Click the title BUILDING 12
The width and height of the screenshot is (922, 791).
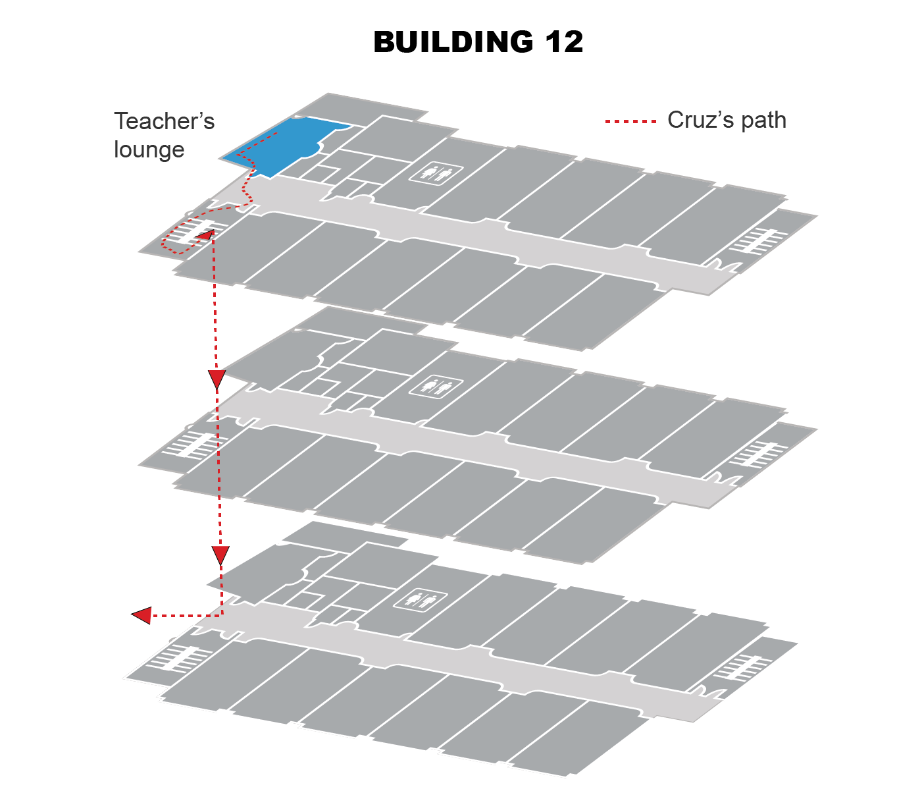click(x=478, y=42)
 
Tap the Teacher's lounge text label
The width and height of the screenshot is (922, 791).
click(x=164, y=135)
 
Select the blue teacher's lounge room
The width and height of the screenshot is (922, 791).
click(x=276, y=146)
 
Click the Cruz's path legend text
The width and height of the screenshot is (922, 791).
click(x=727, y=120)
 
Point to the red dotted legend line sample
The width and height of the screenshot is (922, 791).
click(x=630, y=121)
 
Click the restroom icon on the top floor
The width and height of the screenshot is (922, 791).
click(x=436, y=173)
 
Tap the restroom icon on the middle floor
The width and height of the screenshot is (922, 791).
click(x=436, y=385)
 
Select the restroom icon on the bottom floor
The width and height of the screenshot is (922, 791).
click(x=420, y=599)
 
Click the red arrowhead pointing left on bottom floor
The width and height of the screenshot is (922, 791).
click(x=141, y=616)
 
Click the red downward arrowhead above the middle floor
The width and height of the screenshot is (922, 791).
click(x=217, y=379)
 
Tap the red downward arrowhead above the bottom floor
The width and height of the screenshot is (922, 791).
click(x=220, y=555)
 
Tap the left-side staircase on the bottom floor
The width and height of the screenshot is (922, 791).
click(x=172, y=658)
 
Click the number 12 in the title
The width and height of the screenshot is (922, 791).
click(x=563, y=42)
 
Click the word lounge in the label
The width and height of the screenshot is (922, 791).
click(x=149, y=150)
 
